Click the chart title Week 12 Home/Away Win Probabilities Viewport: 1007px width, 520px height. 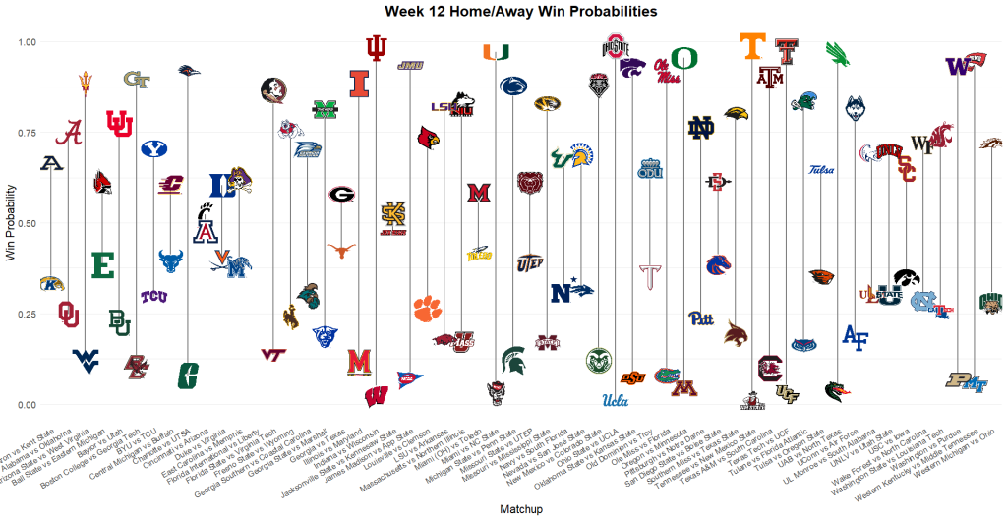(503, 11)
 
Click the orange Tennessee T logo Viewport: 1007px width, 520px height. (753, 46)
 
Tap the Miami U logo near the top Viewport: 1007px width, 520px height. (496, 51)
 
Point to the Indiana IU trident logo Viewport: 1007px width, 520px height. (376, 47)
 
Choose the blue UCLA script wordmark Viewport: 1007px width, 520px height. (616, 400)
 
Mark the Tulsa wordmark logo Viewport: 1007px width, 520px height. (822, 170)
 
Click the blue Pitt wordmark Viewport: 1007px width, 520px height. (700, 318)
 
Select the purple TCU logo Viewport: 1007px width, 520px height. (152, 297)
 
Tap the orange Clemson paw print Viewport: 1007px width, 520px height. (428, 308)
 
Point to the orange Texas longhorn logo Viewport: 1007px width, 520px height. (341, 250)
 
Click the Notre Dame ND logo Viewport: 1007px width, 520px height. (701, 128)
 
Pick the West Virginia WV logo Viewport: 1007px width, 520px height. (86, 359)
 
